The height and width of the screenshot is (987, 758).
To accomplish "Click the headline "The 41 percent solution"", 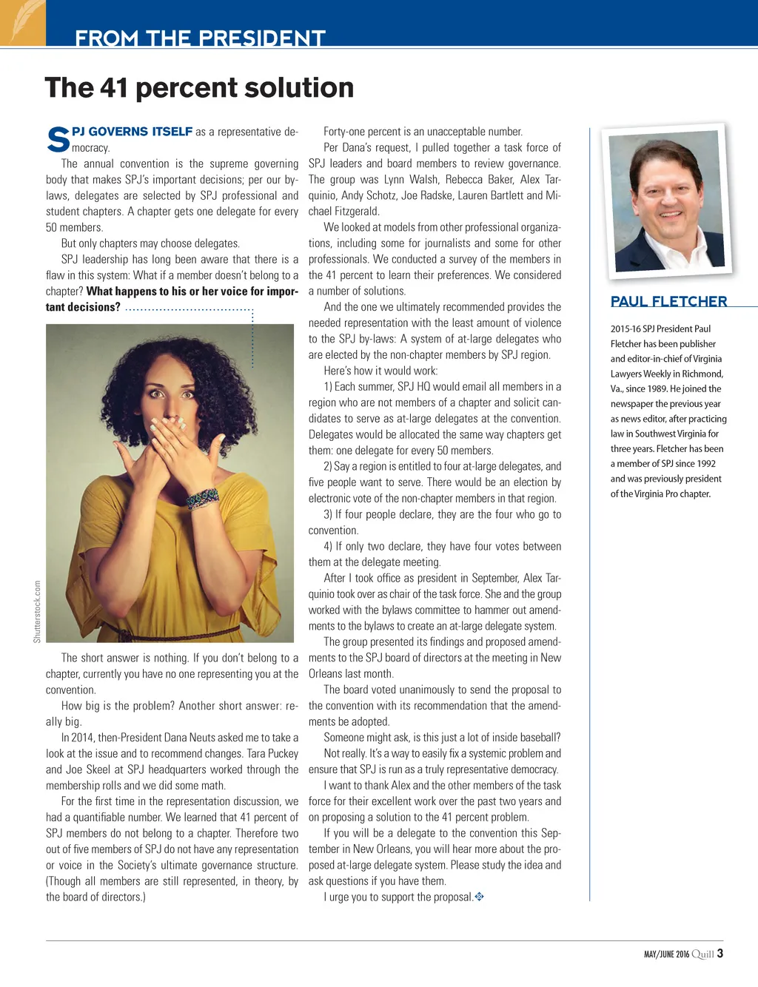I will [199, 88].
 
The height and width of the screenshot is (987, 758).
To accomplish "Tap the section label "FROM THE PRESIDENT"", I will [200, 38].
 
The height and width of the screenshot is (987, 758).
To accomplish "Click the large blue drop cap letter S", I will [58, 140].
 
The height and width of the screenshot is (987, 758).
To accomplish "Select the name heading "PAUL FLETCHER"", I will [668, 301].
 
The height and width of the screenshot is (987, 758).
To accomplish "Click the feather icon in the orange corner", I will [22, 21].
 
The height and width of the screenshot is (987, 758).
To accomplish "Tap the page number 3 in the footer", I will [720, 954].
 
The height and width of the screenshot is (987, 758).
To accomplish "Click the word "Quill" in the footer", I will [702, 954].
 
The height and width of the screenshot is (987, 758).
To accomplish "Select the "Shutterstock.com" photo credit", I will [37, 611].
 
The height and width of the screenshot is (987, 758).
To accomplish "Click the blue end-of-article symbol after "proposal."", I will [479, 897].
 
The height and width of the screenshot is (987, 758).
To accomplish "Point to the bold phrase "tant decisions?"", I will [83, 307].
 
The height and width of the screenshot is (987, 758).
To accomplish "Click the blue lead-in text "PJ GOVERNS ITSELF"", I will [133, 132].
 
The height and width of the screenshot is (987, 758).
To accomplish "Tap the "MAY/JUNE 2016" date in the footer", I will [666, 954].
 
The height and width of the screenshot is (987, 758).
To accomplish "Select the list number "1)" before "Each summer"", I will [328, 387].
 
